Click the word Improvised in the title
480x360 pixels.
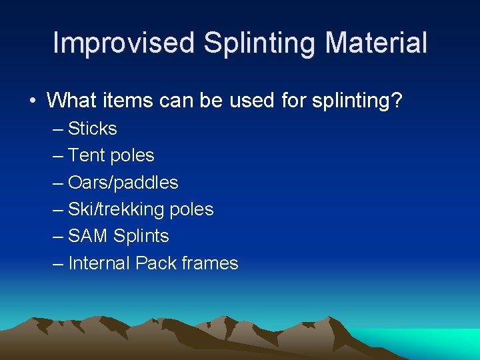(x=123, y=43)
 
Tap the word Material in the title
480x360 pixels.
(x=376, y=43)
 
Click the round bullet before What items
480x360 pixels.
(x=32, y=101)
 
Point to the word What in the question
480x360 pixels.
(x=69, y=101)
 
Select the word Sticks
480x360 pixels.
(x=93, y=129)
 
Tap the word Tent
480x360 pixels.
(x=87, y=155)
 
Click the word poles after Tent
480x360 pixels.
(x=132, y=155)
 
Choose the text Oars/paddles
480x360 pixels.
(x=123, y=183)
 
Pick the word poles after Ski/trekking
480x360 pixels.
(x=191, y=209)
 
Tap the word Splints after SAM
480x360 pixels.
(x=141, y=236)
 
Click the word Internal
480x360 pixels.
(x=99, y=263)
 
